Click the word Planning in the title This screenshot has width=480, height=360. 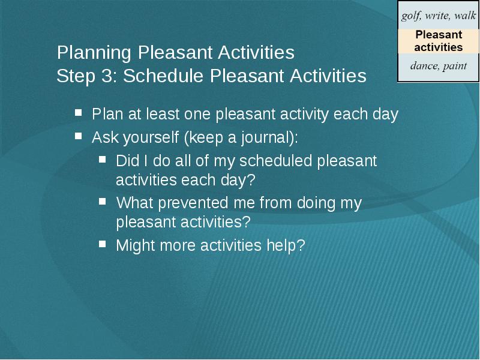click(94, 53)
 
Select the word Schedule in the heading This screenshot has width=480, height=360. click(163, 76)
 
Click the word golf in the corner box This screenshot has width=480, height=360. click(410, 16)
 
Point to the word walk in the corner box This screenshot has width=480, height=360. click(465, 15)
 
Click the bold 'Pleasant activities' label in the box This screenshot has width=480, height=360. click(439, 41)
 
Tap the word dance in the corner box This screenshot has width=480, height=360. click(424, 65)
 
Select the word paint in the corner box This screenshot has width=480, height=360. click(455, 66)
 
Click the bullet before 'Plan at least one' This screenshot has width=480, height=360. click(79, 113)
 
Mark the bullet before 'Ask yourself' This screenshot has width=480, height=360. click(79, 136)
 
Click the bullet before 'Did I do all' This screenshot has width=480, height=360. click(103, 159)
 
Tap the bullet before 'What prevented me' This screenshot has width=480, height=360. click(103, 201)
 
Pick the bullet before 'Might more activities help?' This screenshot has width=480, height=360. click(103, 244)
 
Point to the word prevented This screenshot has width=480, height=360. click(193, 203)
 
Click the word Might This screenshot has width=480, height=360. click(136, 245)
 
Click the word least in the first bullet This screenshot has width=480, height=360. click(163, 114)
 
